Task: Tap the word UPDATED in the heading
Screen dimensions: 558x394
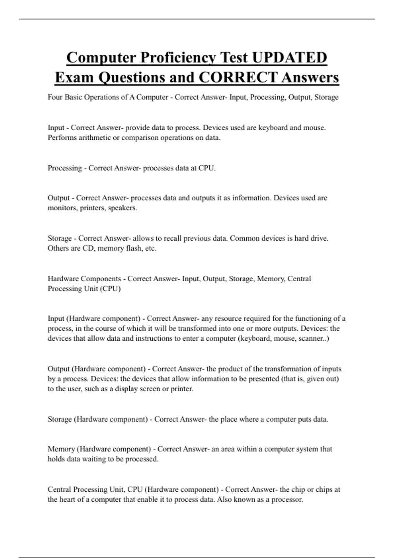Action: (290, 58)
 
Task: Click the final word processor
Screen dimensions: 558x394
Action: (287, 500)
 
